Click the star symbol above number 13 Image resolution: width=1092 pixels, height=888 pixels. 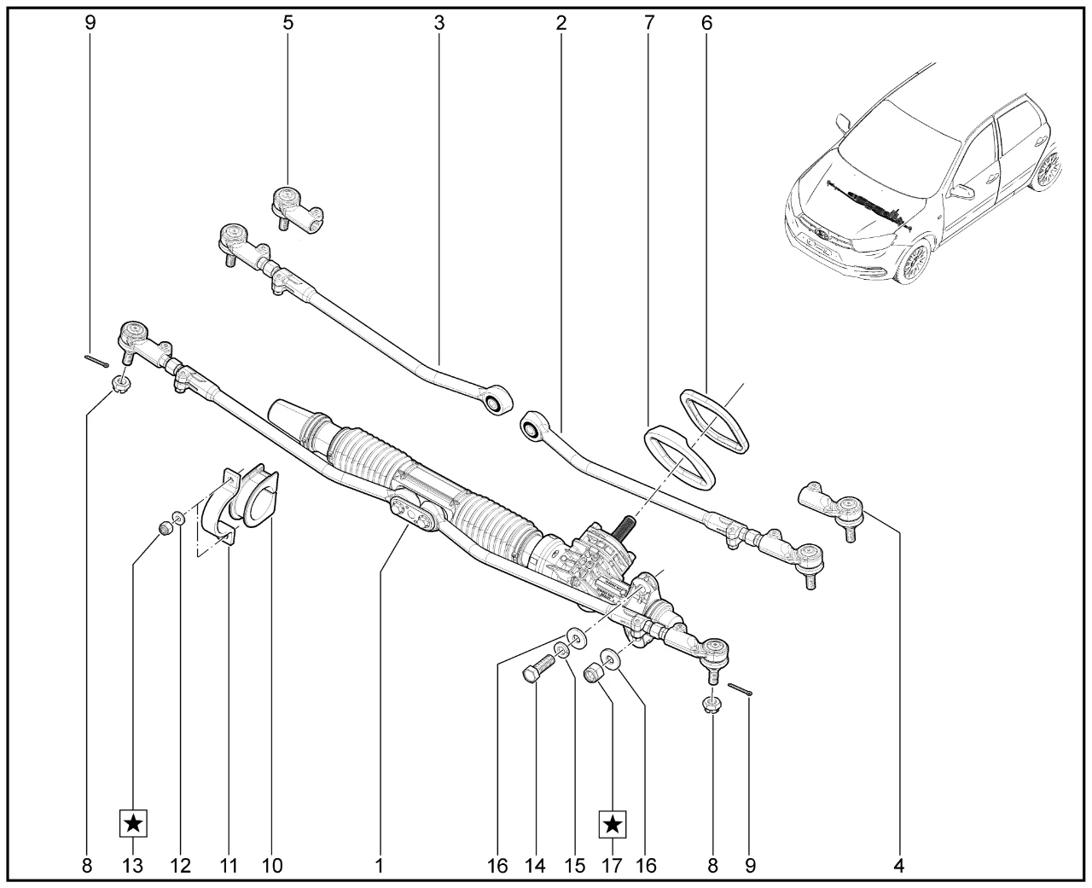(x=133, y=823)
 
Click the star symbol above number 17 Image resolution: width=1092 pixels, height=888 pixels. (x=613, y=823)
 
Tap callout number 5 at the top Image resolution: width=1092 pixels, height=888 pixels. (x=288, y=23)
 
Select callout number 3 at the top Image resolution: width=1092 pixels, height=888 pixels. (x=439, y=23)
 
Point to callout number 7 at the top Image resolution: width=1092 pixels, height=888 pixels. (x=648, y=23)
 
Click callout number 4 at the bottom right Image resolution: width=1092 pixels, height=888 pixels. (x=898, y=866)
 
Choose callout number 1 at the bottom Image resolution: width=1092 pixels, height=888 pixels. (x=378, y=866)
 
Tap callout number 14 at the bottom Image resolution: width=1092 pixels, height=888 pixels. (x=535, y=866)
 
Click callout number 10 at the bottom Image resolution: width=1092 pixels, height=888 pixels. (x=271, y=866)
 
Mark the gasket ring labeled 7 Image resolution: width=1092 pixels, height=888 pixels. (x=678, y=457)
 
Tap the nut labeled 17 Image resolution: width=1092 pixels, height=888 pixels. (x=592, y=673)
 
